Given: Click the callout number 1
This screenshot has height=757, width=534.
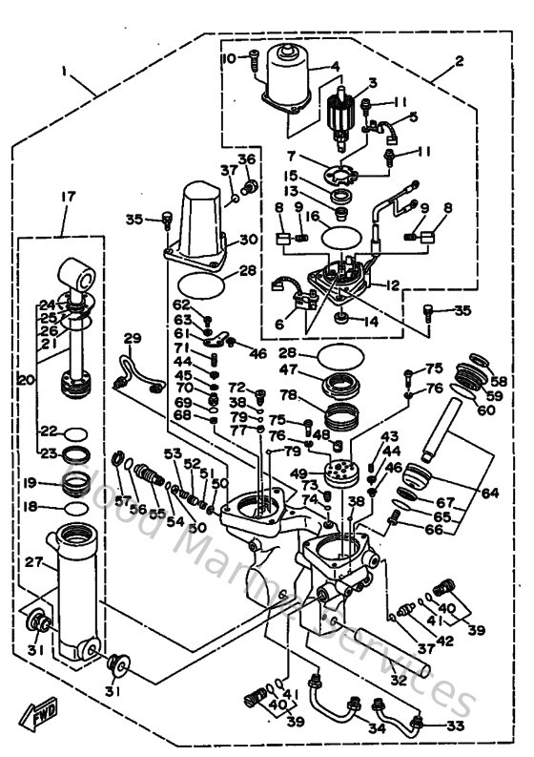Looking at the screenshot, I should (64, 73).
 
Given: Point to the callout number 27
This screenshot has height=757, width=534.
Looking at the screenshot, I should (35, 563).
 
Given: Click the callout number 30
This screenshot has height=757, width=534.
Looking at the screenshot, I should (247, 240).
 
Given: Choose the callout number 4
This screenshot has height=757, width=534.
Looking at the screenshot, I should (334, 67).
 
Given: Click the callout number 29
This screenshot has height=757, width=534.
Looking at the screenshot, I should (132, 338).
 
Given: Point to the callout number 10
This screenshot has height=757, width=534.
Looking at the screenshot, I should (228, 59).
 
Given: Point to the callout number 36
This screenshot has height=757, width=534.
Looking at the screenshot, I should (247, 158).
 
